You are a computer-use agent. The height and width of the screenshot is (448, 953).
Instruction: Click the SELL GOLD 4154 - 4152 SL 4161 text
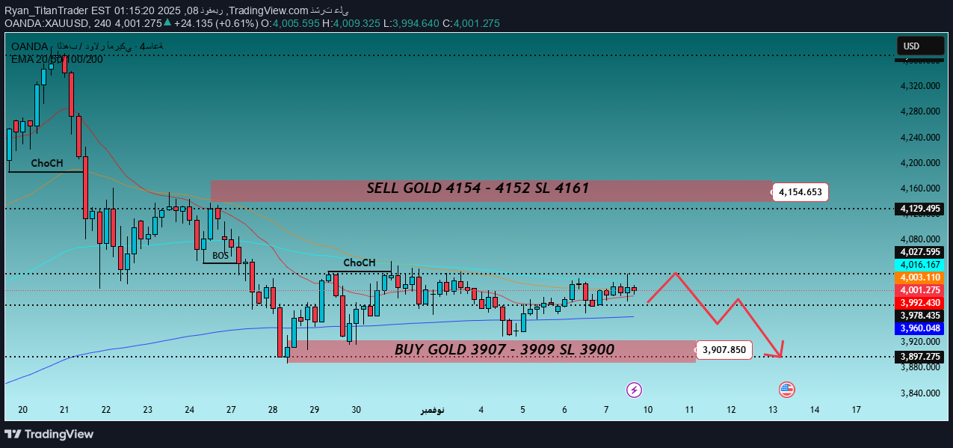[x=477, y=189]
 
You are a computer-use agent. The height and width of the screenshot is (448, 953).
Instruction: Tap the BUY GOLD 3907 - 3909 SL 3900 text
[x=504, y=350]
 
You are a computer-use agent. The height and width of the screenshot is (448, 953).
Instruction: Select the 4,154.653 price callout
[x=800, y=192]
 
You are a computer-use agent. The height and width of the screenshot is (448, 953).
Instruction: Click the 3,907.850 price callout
[x=724, y=349]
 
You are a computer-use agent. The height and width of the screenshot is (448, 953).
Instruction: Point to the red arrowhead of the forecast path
[x=781, y=352]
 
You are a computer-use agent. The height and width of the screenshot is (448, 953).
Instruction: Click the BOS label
[x=220, y=256]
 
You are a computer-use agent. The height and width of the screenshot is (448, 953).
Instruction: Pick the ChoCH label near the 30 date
[x=360, y=263]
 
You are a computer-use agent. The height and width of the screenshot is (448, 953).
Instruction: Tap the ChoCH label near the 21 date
[x=46, y=163]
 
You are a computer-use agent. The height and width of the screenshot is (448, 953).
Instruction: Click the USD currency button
[x=920, y=46]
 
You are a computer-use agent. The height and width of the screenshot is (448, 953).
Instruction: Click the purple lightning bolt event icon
[x=634, y=389]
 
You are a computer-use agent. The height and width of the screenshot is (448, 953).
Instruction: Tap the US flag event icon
[x=786, y=389]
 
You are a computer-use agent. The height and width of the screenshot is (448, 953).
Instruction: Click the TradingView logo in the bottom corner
[x=49, y=434]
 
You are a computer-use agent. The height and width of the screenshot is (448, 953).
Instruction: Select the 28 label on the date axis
[x=274, y=410]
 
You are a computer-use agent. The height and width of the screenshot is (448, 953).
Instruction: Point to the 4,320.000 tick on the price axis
[x=919, y=87]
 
